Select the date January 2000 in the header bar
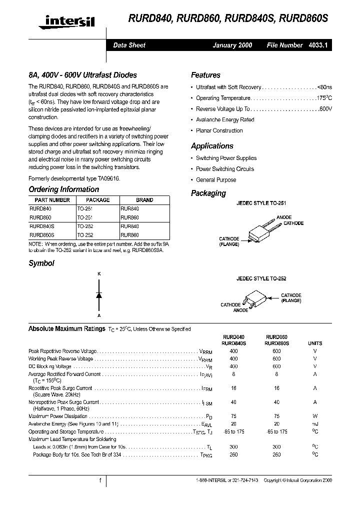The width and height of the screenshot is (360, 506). [232, 45]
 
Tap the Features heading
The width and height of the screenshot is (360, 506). [205, 75]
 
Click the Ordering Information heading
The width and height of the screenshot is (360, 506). [63, 189]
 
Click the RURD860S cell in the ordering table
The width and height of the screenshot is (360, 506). [42, 234]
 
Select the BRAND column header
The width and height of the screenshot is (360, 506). [144, 200]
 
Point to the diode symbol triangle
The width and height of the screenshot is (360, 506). [99, 295]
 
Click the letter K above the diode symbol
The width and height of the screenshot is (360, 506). [99, 274]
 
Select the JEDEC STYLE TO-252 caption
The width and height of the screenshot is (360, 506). [261, 278]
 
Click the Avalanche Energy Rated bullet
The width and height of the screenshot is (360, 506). [225, 120]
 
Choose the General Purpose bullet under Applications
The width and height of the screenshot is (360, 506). [216, 180]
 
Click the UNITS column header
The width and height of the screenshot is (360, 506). [315, 343]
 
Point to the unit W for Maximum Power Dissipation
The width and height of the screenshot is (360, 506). [315, 416]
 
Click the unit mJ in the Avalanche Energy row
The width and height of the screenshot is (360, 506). [315, 424]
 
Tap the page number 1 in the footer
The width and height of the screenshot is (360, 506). [100, 480]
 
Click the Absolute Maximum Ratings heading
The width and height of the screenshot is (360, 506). [66, 329]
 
